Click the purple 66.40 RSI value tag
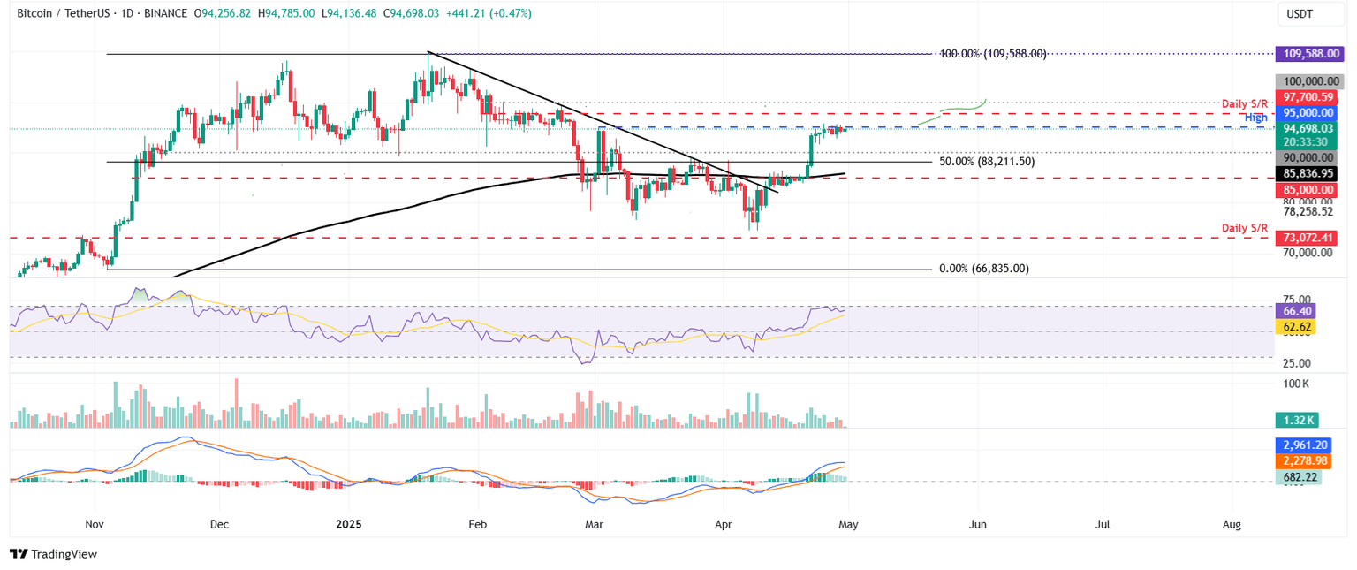(x=1295, y=311)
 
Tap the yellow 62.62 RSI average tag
(x=1295, y=327)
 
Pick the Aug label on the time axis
(x=1232, y=524)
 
